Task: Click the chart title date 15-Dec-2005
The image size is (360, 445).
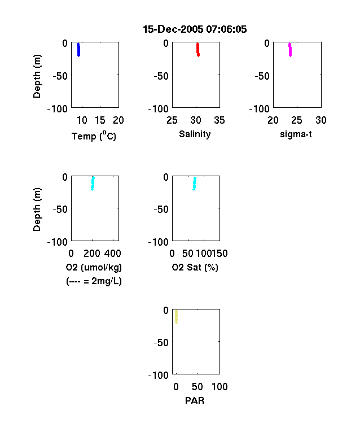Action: pos(173,29)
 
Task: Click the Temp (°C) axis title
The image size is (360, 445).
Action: pos(94,136)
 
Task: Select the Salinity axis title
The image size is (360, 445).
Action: pos(195,134)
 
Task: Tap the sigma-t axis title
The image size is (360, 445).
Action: pos(296,134)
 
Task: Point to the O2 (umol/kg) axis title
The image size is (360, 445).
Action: pos(94,267)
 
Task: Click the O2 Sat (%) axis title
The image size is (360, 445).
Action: pos(195,267)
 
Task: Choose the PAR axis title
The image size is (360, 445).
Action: pos(195,400)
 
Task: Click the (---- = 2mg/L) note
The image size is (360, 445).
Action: pos(94,281)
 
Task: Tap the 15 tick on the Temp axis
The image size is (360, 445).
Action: pos(100,120)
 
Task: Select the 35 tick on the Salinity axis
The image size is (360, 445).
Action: pos(219,120)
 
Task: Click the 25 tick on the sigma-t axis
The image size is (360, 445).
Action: pos(297,120)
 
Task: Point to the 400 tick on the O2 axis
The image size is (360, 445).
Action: pos(113,254)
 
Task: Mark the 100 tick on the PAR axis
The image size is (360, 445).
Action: pos(219,386)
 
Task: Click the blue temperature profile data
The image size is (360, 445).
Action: pos(78,50)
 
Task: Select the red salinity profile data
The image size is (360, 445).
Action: pos(198,50)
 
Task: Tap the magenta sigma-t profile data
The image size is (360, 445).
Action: pos(290,50)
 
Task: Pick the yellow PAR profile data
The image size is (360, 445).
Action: pos(176,317)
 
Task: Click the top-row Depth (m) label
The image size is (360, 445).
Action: pos(37,76)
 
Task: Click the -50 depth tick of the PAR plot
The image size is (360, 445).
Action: pos(161,343)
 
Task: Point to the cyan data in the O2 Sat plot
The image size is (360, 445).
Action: pos(195,184)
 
